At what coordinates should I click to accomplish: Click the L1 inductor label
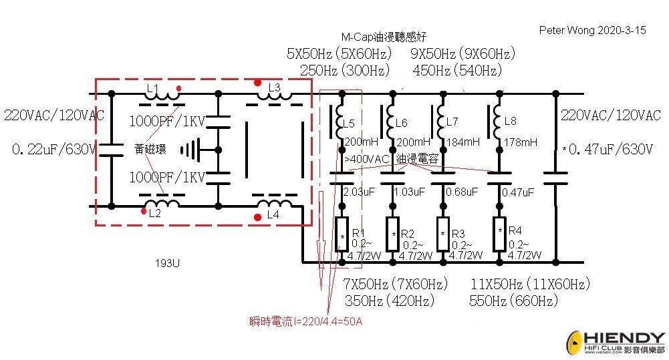tap(152, 89)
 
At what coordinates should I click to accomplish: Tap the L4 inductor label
tap(272, 215)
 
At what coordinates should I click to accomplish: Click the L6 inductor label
tap(401, 123)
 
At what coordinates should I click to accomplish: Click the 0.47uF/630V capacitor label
tap(608, 149)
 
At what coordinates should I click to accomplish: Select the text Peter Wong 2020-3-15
tap(592, 31)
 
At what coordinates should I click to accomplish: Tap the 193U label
tap(167, 263)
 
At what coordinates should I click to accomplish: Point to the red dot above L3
tap(258, 83)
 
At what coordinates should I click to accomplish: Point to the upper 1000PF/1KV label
tap(166, 122)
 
